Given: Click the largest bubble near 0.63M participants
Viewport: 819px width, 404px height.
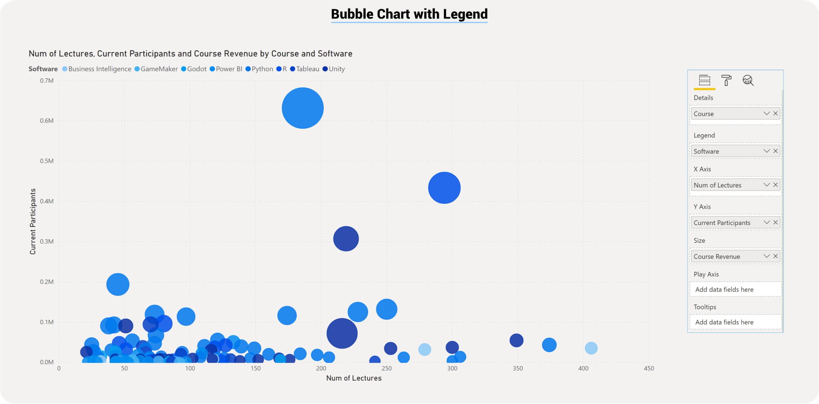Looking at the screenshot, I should tap(302, 108).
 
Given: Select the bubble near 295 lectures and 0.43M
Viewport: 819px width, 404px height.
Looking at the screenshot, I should tap(444, 188).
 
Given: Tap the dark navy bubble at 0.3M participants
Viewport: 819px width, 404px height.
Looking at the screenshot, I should tap(346, 239).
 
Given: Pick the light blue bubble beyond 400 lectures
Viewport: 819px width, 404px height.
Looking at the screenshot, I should tap(591, 348).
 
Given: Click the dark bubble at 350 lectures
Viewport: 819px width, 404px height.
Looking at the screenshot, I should tap(516, 340).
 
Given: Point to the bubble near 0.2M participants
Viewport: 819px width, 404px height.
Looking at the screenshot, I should tap(118, 284).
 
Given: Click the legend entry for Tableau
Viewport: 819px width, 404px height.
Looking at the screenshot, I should tap(307, 69).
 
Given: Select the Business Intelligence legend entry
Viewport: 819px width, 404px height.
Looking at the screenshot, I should tap(99, 69).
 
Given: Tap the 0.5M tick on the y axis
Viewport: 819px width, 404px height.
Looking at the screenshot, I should tap(47, 161).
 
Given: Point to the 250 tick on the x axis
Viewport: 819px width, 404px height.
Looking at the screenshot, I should tap(387, 368).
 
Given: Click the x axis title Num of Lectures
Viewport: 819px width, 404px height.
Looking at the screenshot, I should tap(354, 378).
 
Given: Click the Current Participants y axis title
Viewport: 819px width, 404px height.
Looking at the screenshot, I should tap(33, 221).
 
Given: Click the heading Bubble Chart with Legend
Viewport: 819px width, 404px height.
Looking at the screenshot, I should tap(409, 14).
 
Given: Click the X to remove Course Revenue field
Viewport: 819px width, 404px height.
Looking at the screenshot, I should tap(775, 256).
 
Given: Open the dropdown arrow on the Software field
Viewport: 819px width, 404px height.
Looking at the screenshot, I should tap(766, 151).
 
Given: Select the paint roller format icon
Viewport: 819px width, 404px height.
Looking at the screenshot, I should tap(726, 80).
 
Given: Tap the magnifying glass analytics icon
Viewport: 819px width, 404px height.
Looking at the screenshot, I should tap(748, 80).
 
